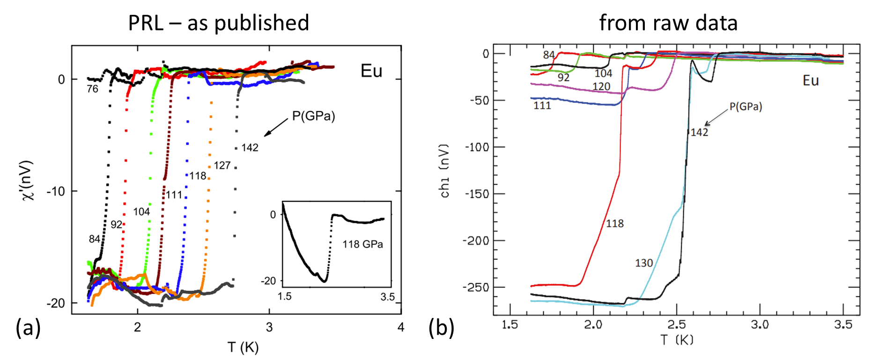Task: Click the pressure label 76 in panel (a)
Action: [x=92, y=89]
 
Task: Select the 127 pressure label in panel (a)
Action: [x=222, y=165]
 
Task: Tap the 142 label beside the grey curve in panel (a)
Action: [x=250, y=148]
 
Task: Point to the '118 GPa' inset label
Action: [x=362, y=244]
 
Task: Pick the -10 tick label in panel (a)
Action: [x=55, y=191]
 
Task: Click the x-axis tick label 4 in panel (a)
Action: [x=400, y=327]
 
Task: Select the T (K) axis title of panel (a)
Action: [x=243, y=347]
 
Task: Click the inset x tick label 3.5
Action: [x=387, y=297]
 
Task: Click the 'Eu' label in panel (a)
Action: [x=371, y=71]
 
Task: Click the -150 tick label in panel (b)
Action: [x=476, y=194]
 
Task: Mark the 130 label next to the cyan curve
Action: [x=644, y=263]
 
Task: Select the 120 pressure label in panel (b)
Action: [x=601, y=87]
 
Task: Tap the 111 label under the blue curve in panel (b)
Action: [x=542, y=106]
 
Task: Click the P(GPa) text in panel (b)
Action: [x=746, y=107]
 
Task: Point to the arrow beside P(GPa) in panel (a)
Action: [x=276, y=127]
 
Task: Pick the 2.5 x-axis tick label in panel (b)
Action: [x=676, y=325]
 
